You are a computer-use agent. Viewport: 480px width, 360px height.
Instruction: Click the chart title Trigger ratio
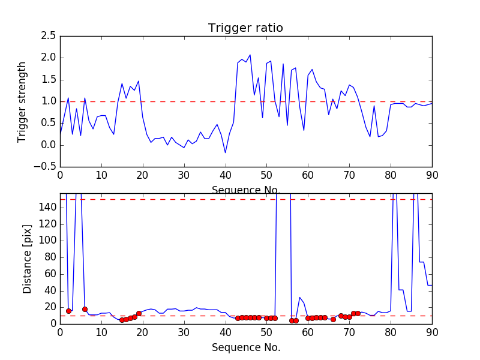point(245,28)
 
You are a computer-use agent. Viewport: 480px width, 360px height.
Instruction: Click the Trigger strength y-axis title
point(22,101)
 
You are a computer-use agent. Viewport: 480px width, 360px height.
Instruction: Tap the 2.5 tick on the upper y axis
point(48,36)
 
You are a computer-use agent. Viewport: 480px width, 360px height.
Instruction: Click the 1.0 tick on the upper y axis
point(48,101)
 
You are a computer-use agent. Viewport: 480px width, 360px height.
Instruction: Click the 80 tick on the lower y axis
point(49,257)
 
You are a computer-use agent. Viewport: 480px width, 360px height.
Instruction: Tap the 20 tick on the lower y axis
point(49,307)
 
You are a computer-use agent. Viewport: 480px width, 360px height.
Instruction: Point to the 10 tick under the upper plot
point(101,175)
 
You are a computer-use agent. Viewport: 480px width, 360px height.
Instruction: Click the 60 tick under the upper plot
point(308,175)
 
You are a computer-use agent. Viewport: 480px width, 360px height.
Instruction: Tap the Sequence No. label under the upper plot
point(246,190)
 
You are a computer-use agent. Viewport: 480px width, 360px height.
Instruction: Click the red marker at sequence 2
point(68,311)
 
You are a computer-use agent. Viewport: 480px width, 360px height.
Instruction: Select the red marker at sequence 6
point(85,309)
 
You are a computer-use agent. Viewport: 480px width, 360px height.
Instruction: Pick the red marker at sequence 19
point(139,313)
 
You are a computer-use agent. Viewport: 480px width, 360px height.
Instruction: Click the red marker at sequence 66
point(333,319)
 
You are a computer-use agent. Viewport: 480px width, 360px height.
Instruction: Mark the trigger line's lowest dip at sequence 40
point(226,152)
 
